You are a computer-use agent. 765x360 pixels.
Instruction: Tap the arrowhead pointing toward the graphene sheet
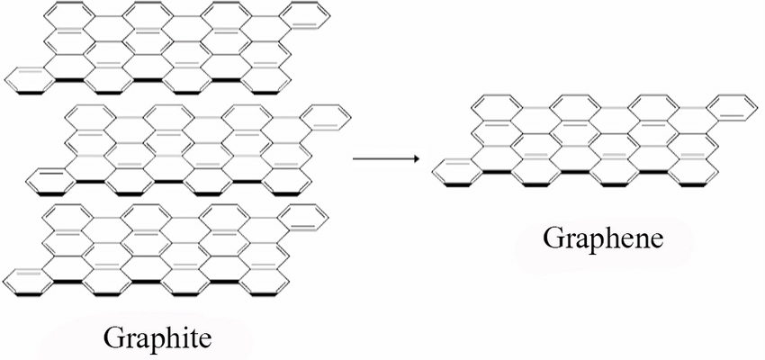tap(417, 159)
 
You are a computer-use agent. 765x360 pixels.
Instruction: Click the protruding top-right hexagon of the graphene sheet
tap(727, 107)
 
